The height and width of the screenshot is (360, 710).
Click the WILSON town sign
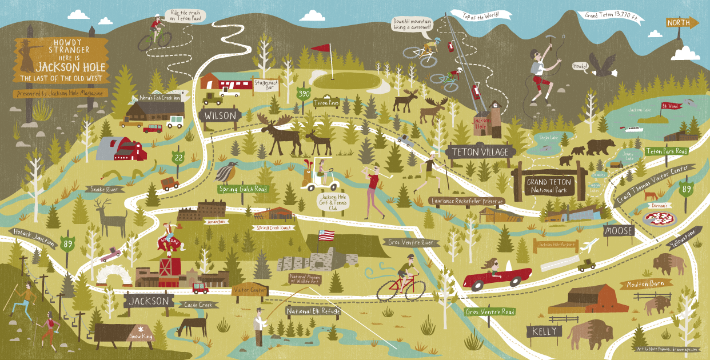(220, 115)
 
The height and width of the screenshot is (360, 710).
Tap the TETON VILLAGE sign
(479, 152)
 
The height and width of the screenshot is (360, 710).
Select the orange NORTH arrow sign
(682, 23)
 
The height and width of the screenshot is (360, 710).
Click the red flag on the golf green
(325, 49)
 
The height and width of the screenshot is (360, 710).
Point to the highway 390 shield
(304, 93)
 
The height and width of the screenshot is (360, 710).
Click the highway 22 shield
(180, 157)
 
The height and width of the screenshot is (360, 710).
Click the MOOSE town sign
(619, 231)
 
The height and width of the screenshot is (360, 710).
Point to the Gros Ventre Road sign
(490, 311)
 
